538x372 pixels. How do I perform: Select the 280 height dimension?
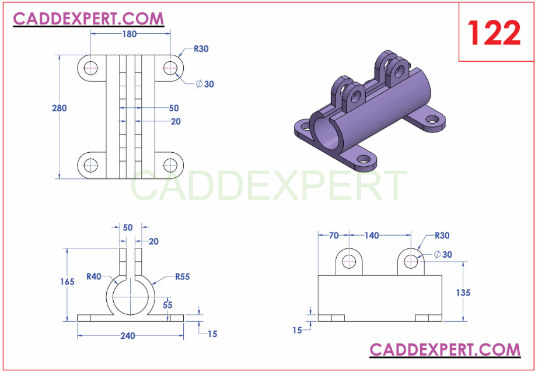coord(59,108)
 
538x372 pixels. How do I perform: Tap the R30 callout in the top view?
coord(201,49)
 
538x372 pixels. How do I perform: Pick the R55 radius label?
coord(183,276)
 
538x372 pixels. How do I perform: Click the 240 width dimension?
coord(128,336)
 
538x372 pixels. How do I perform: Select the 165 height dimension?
coord(67,282)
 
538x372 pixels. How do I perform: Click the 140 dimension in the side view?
coord(371,236)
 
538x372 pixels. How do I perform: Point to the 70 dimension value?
coord(334,236)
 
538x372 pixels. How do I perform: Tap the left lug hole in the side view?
coord(349,261)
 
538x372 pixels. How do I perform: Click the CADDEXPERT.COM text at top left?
coord(89,19)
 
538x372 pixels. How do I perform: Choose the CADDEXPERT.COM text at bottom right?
coord(445,349)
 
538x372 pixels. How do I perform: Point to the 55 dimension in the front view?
coord(167,304)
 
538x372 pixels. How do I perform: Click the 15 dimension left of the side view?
coord(297,330)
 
